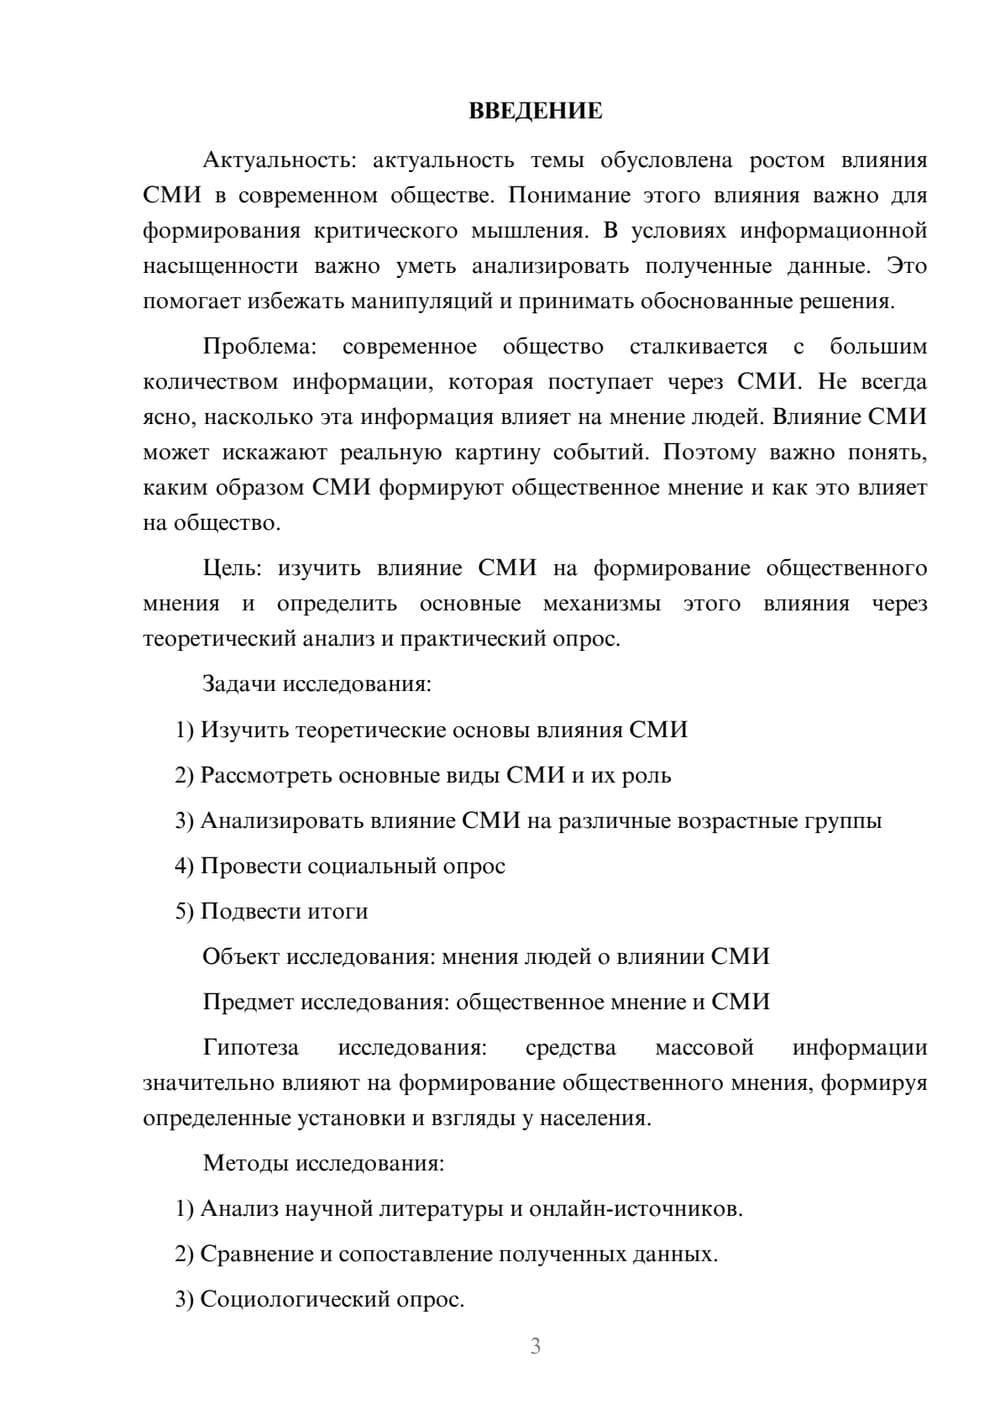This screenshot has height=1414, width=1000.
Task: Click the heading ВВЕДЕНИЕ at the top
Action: pos(535,111)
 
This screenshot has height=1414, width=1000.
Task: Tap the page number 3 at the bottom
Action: pos(535,1346)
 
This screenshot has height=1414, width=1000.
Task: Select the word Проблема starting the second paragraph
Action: pos(258,347)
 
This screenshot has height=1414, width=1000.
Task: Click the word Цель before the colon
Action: pos(230,568)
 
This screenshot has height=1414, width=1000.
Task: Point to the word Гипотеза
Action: pos(250,1047)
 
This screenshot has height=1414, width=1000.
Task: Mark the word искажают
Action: pos(268,452)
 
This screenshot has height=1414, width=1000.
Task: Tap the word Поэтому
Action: pos(709,452)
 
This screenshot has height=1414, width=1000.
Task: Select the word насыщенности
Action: pos(220,266)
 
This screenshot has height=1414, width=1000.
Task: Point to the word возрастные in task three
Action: pos(737,821)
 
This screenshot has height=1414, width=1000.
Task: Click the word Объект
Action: pos(241,956)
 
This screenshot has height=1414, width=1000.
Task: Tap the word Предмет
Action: pos(248,1002)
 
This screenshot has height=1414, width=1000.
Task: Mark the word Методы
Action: pos(239,1163)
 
